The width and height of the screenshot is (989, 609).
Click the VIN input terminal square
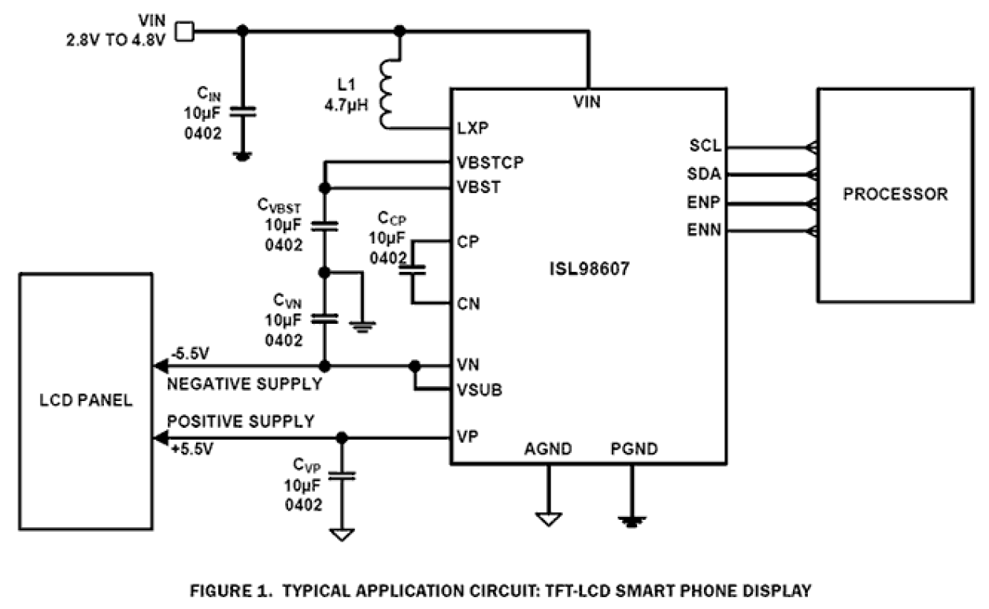[183, 31]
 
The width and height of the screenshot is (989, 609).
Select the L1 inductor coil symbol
[387, 92]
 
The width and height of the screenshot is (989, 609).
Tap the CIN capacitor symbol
[243, 112]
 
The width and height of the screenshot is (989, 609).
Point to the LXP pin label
[471, 128]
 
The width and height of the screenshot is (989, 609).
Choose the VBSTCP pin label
[490, 163]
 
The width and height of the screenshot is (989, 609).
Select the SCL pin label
[704, 147]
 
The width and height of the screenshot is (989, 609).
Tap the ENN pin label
[703, 230]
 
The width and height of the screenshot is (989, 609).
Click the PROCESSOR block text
[895, 194]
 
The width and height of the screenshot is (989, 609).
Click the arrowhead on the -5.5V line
[159, 366]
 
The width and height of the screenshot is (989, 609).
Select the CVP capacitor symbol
[342, 475]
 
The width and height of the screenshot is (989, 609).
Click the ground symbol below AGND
[548, 518]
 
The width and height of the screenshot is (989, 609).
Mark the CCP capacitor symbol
[412, 270]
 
